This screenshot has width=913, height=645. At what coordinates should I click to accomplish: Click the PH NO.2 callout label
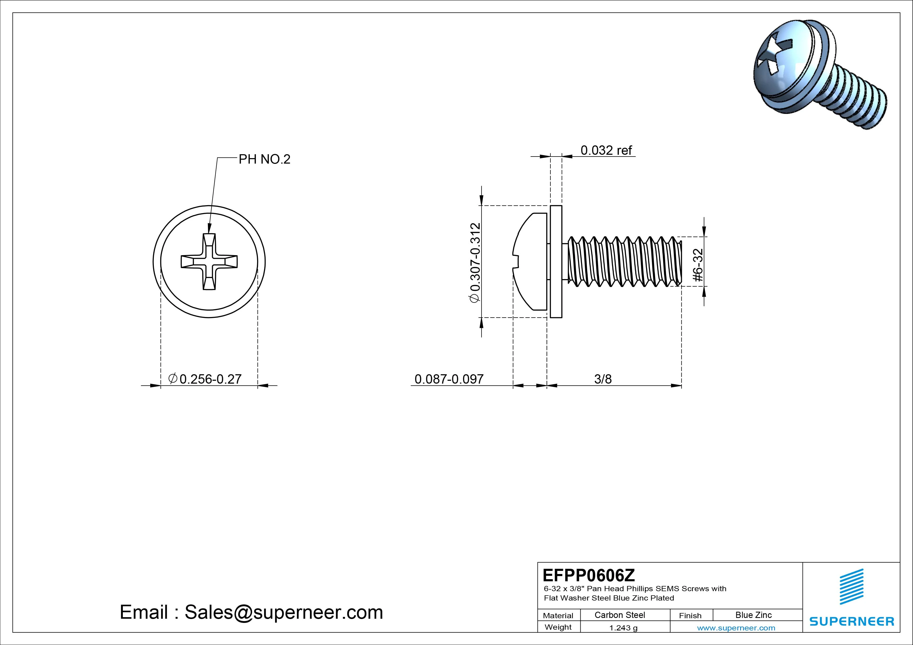(264, 159)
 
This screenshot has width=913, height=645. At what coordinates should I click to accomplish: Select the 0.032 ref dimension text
(606, 150)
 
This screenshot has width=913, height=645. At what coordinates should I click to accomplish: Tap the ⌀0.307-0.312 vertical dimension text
(475, 263)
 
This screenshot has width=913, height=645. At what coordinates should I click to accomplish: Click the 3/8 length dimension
(603, 379)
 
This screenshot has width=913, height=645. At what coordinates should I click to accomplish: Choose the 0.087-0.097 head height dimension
(449, 379)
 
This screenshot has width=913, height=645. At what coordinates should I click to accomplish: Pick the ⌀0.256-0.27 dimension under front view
(206, 379)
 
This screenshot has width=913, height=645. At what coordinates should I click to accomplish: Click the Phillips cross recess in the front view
(209, 261)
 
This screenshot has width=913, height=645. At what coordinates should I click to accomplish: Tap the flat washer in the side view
(556, 261)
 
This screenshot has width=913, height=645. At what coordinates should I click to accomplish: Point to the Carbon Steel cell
(619, 615)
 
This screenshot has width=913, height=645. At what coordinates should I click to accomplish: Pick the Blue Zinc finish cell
(753, 615)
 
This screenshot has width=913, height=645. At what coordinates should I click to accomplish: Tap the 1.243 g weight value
(623, 628)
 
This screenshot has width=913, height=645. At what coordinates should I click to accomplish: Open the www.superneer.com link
(736, 628)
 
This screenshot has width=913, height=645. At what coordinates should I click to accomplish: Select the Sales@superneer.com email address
(283, 612)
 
